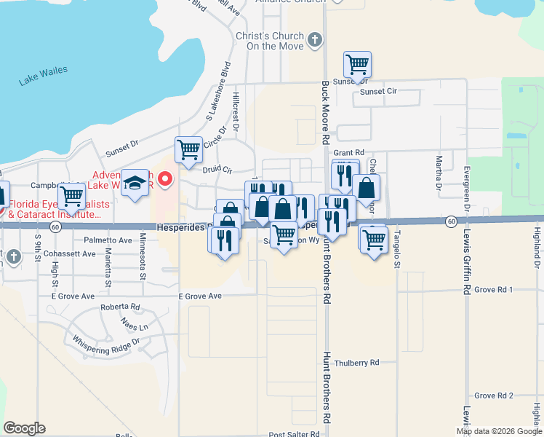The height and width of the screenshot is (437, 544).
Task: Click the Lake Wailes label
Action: tap(44, 75)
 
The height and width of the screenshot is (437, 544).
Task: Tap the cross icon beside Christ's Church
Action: tap(314, 39)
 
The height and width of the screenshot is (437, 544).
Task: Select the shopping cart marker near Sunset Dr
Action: tap(357, 65)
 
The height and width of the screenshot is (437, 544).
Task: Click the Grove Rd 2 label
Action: tap(494, 395)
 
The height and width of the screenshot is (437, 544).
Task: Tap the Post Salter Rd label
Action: tap(294, 434)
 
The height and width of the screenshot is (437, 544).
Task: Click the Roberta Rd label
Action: tap(120, 307)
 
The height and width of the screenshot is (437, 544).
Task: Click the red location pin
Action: tap(165, 178)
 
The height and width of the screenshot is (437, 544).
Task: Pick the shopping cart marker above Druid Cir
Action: tap(188, 150)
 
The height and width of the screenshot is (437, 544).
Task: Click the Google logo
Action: tap(24, 428)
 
